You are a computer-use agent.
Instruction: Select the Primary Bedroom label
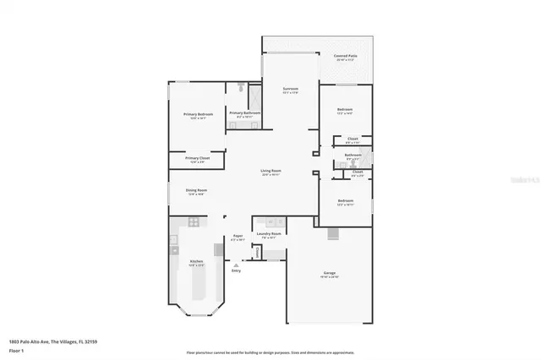(198, 113)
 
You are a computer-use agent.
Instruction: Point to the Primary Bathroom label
(245, 112)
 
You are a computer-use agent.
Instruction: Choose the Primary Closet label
(197, 158)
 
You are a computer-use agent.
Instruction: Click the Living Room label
(270, 171)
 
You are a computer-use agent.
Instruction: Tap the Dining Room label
(196, 190)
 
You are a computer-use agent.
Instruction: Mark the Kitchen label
(196, 262)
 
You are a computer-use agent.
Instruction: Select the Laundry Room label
(270, 233)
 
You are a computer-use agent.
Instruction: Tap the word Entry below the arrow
(236, 270)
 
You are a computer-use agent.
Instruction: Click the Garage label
(329, 273)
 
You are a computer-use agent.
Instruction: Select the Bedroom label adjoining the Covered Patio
(344, 109)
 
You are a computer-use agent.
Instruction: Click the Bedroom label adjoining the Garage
(344, 201)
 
